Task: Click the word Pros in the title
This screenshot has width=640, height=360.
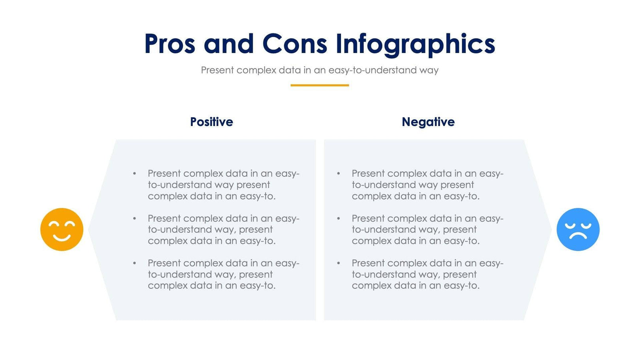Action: [x=169, y=43]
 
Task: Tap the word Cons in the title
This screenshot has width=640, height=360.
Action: [x=294, y=43]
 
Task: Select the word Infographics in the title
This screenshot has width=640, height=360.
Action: [x=415, y=44]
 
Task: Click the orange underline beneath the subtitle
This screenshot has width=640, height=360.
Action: [x=320, y=85]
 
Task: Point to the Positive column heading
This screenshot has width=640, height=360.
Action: [x=211, y=122]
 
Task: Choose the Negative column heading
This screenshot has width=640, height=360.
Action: [x=428, y=122]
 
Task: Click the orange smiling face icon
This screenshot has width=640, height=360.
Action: [x=62, y=229]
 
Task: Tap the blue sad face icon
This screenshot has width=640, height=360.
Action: [x=578, y=229]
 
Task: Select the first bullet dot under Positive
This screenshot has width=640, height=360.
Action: [x=134, y=173]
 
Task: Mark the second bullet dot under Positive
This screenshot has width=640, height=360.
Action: [x=134, y=219]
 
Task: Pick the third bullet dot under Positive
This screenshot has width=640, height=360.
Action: [x=134, y=263]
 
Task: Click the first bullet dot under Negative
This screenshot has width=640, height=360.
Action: [x=338, y=173]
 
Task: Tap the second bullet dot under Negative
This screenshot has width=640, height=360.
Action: [x=338, y=219]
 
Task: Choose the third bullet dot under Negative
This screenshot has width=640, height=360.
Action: [x=338, y=263]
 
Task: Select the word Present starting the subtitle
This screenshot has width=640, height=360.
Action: [x=217, y=70]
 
